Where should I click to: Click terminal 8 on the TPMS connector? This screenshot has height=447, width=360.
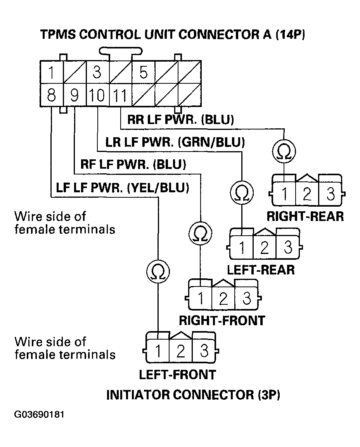(x=51, y=95)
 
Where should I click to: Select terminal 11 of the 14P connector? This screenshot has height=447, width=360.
(x=120, y=95)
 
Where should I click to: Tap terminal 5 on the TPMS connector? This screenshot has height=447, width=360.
(x=143, y=73)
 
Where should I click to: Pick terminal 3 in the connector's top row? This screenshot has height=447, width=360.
(x=97, y=73)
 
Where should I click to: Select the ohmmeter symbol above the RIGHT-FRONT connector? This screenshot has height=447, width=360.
(x=200, y=233)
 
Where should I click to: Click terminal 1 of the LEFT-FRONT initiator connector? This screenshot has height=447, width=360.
(x=158, y=351)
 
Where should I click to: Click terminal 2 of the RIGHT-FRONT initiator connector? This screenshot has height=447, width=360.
(x=223, y=299)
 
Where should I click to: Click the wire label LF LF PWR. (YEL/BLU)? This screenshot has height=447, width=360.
(x=122, y=188)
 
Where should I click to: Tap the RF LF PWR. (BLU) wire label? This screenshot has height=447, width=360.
(x=133, y=165)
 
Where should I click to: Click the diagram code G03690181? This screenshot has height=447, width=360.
(x=39, y=415)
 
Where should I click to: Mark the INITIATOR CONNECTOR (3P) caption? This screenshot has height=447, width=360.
(x=193, y=395)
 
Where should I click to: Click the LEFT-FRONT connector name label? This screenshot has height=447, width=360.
(x=177, y=375)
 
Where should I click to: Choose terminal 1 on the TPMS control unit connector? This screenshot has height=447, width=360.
(x=51, y=73)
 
